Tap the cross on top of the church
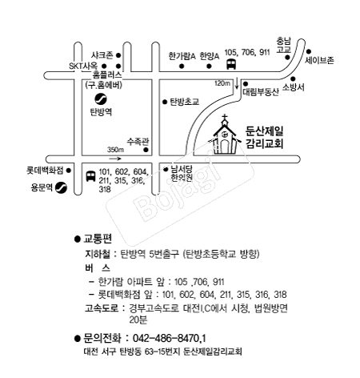225,118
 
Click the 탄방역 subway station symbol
101,99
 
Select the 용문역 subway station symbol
61,187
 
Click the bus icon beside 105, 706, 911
231,64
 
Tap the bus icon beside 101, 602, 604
90,176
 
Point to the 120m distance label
222,83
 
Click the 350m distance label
115,150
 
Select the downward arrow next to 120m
237,83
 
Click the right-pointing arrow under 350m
115,159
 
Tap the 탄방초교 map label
185,102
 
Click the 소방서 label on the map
294,87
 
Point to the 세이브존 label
319,61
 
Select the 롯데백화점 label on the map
45,171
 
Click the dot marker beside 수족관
146,150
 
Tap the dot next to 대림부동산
246,84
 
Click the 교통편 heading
98,239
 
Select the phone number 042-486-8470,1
170,338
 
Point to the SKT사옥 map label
83,66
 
